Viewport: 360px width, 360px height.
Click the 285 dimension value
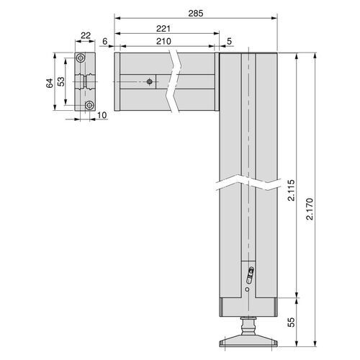click(x=196, y=14)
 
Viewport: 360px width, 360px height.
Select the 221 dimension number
click(x=163, y=29)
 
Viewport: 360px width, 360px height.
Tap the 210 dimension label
click(x=163, y=41)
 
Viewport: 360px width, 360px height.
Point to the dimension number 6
click(x=105, y=41)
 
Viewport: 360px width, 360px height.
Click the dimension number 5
click(x=230, y=41)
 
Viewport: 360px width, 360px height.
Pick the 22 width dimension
click(x=86, y=35)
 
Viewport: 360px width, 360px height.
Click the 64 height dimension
click(x=50, y=83)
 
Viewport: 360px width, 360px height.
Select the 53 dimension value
click(x=61, y=81)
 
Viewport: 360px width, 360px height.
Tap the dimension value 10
click(x=102, y=115)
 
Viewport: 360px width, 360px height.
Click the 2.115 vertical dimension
click(x=291, y=190)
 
